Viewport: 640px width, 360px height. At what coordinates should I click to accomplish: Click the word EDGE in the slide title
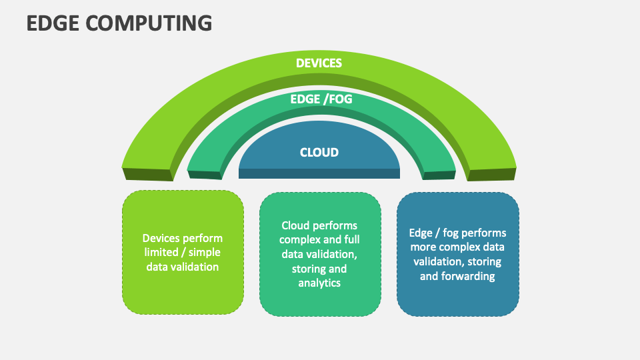pos(50,23)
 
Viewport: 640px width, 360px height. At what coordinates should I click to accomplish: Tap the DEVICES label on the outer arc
pos(319,63)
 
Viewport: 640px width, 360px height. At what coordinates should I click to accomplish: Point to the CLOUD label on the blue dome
pos(319,152)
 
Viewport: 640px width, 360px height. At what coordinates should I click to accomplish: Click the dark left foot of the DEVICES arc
pos(147,174)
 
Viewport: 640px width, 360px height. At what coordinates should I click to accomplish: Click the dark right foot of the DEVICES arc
pos(492,174)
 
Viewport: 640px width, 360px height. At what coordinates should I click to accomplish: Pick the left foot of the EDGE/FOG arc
pos(205,175)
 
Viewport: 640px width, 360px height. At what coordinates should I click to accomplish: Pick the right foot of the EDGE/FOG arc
pos(439,175)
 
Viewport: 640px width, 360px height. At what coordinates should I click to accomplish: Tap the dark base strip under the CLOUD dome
pos(319,173)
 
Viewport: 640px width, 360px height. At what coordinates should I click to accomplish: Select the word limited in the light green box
pos(160,252)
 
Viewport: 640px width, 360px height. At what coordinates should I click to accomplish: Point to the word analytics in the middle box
pos(319,283)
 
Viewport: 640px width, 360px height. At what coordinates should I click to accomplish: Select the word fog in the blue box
pos(451,233)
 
